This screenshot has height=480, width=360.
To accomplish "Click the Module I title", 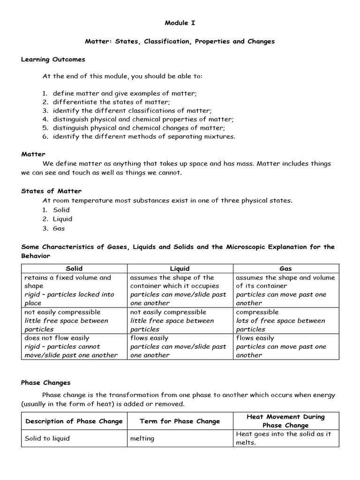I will (180, 22).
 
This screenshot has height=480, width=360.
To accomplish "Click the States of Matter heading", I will (51, 191).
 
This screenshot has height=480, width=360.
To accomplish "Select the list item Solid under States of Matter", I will (61, 210).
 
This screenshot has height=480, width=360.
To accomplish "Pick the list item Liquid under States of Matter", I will (62, 219).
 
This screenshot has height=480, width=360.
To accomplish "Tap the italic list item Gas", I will (59, 228).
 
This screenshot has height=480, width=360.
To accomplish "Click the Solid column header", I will (74, 269).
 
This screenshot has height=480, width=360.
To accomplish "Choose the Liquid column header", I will (180, 269).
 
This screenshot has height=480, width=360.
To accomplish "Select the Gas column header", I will (285, 269).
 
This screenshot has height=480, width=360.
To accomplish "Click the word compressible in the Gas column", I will (257, 312).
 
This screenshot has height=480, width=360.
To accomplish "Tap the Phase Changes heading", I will (46, 382).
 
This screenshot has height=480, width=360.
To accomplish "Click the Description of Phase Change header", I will (74, 421).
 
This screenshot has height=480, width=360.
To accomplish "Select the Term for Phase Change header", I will (180, 421).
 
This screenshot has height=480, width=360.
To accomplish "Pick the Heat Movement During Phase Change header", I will (285, 421).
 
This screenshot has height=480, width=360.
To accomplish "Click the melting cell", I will (142, 438).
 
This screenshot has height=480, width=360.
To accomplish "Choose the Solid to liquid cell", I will (47, 438).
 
